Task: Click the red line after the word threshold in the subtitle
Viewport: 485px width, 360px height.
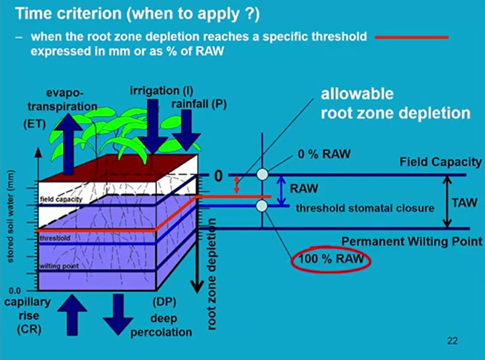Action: tap(412, 37)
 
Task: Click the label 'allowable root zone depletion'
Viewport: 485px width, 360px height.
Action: tap(395, 103)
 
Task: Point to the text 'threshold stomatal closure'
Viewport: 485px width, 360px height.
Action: tap(365, 207)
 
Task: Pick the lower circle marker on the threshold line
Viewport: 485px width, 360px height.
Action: tap(262, 205)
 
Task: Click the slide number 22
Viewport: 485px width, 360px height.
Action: tap(452, 341)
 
